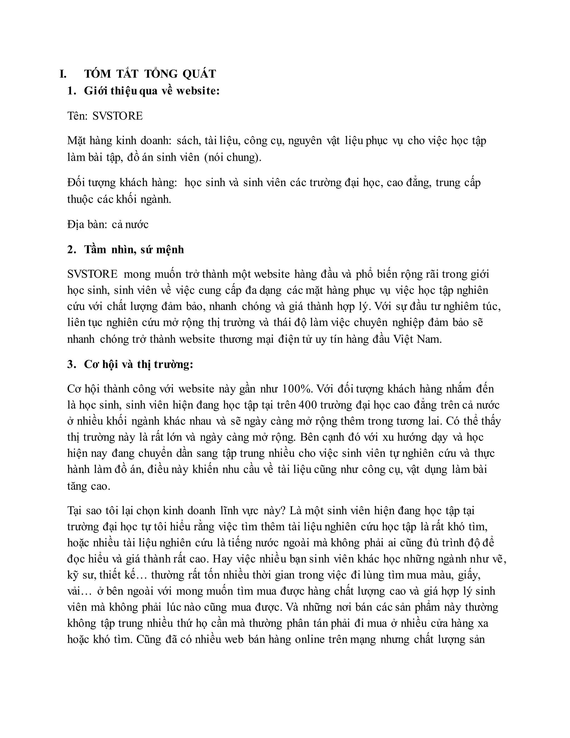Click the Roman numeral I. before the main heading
coord(63,74)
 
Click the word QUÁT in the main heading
coord(199,74)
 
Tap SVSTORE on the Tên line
coord(117,116)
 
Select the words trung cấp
coord(458,182)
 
